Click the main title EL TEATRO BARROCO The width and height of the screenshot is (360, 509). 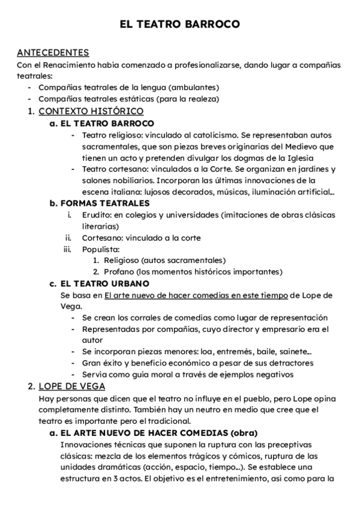click(179, 24)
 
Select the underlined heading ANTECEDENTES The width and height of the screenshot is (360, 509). click(53, 53)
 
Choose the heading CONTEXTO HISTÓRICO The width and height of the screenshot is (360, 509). click(91, 111)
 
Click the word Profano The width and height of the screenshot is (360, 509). click(119, 272)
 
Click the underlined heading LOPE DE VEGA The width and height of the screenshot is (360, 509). click(71, 386)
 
